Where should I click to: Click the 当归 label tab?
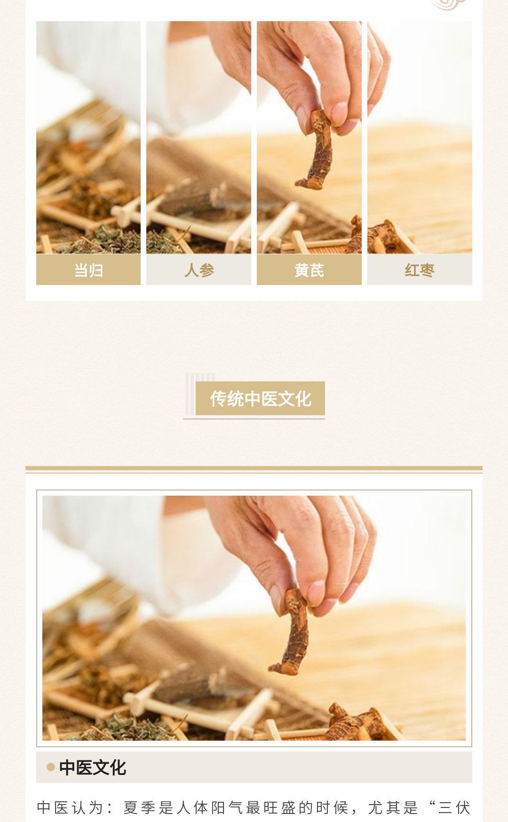click(88, 269)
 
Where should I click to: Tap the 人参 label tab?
click(198, 269)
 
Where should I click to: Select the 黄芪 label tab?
click(309, 269)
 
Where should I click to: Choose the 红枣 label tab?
click(420, 269)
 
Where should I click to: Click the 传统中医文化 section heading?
click(260, 399)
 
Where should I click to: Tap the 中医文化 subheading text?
click(93, 767)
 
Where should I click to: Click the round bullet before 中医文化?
click(51, 767)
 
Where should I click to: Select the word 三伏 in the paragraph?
click(454, 807)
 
